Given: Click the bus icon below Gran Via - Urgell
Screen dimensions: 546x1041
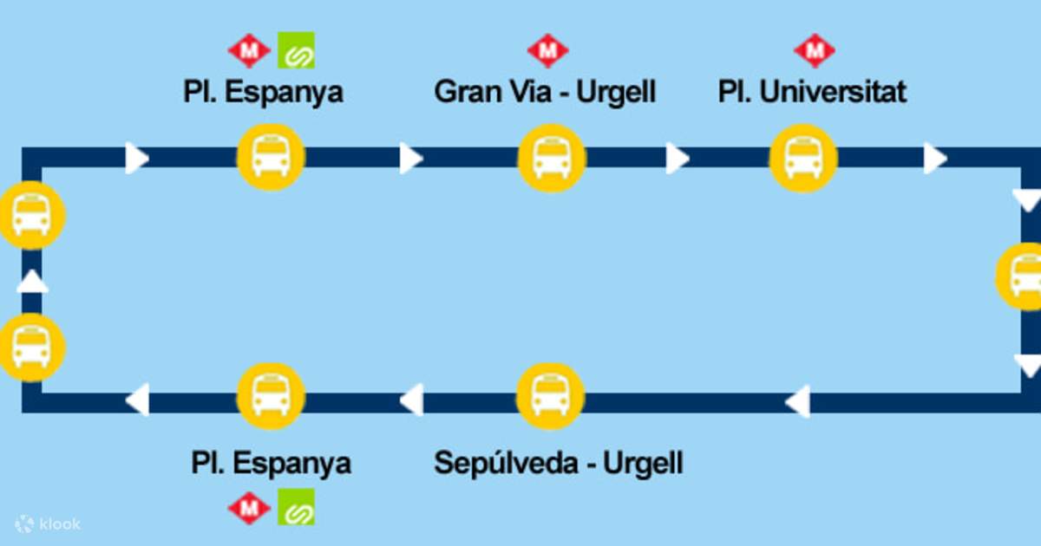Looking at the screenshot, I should point(552,159).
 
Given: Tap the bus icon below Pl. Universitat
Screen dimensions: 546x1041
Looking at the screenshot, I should point(803,159).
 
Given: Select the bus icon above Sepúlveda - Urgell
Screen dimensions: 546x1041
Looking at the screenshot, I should point(550,397).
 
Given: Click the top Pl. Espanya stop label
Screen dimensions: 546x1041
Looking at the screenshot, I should point(263,92).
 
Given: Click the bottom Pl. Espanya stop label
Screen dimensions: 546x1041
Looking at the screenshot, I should point(271,462).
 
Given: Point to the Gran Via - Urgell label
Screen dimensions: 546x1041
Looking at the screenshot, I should point(545,92).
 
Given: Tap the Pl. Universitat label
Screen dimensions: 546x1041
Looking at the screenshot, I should point(812,92).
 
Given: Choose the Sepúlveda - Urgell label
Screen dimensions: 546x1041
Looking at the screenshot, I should point(558,462).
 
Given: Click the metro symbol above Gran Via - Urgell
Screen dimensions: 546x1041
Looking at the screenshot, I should point(547,51).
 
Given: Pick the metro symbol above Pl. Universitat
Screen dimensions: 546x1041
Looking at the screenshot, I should point(814,51).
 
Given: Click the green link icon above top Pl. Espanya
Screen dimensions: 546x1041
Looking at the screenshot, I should point(296,51).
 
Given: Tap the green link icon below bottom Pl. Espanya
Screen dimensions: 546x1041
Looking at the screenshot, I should point(296,507).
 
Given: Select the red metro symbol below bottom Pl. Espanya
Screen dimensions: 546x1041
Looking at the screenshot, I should point(249,507).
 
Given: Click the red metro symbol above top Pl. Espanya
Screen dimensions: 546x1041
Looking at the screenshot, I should point(249,51).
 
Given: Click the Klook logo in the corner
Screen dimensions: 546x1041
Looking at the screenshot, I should point(48,523).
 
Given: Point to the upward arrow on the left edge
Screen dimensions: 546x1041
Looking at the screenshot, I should point(32,282).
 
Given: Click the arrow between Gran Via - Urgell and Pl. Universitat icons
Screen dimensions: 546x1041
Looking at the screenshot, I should point(677,159).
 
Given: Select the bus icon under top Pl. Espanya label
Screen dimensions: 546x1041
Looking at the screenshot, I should point(271,159).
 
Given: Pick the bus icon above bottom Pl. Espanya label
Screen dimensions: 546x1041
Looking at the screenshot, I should point(271,397).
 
